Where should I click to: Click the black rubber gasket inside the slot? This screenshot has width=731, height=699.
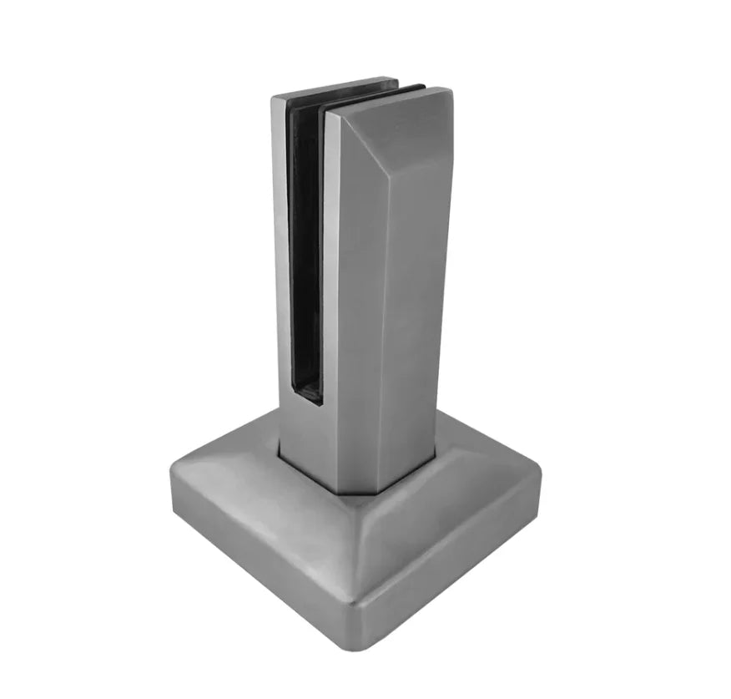pyautogui.click(x=305, y=251)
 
